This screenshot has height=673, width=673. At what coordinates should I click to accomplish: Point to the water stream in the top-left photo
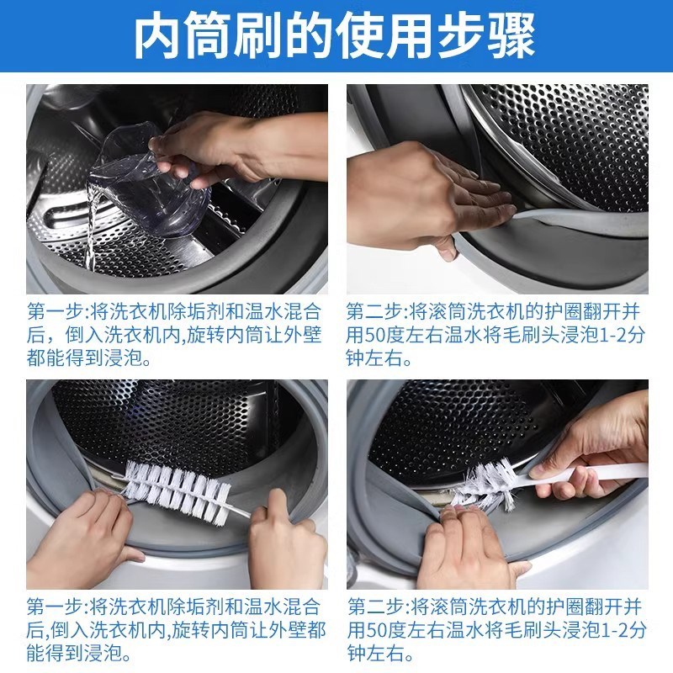[x=93, y=227]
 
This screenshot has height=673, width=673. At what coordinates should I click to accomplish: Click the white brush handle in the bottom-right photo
[x=589, y=473]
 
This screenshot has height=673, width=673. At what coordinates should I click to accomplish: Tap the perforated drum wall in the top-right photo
[x=572, y=143]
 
